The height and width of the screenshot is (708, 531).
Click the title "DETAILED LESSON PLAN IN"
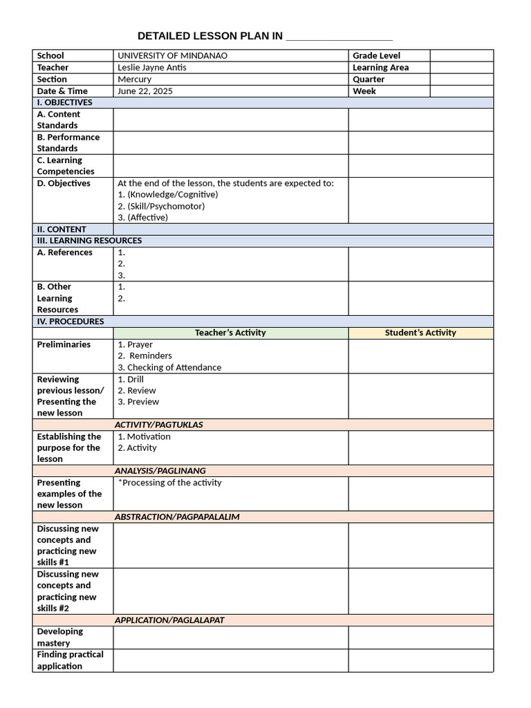pyautogui.click(x=209, y=36)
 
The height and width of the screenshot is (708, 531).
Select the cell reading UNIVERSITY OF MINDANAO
pyautogui.click(x=172, y=55)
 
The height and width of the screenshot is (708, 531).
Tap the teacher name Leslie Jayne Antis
pyautogui.click(x=152, y=68)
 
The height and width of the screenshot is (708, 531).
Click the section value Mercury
pyautogui.click(x=134, y=80)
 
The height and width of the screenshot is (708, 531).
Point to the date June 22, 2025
pyautogui.click(x=145, y=91)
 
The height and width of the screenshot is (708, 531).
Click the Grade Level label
pyautogui.click(x=376, y=55)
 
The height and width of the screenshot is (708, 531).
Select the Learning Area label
pyautogui.click(x=380, y=68)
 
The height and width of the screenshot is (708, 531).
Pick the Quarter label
pyautogui.click(x=369, y=80)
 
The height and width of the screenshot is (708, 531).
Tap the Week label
pyautogui.click(x=364, y=91)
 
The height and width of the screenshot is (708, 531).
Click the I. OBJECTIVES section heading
pyautogui.click(x=64, y=102)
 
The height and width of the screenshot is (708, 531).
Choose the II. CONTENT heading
pyautogui.click(x=62, y=230)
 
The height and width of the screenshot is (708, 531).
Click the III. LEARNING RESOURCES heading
pyautogui.click(x=89, y=241)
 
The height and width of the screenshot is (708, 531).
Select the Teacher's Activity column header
pyautogui.click(x=230, y=333)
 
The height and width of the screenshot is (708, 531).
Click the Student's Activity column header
pyautogui.click(x=420, y=333)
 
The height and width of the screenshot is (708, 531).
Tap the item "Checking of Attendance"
pyautogui.click(x=174, y=367)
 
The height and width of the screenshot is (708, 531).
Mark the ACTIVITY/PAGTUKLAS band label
pyautogui.click(x=158, y=425)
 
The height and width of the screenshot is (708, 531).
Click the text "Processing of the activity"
pyautogui.click(x=171, y=483)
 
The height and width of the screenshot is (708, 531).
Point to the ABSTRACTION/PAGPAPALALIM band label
pyautogui.click(x=177, y=516)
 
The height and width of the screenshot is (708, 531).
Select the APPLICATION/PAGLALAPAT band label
pyautogui.click(x=169, y=620)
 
